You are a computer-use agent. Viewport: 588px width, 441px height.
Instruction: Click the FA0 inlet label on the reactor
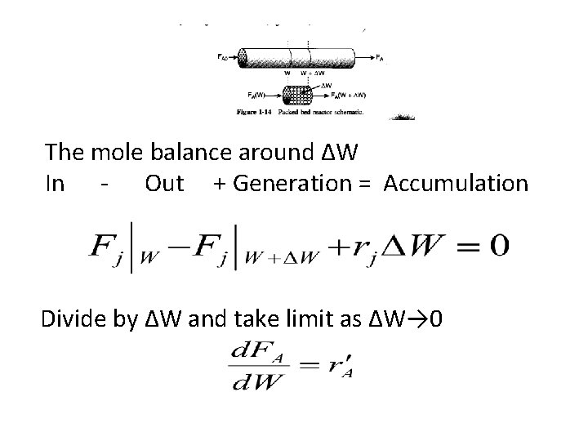pos(223,58)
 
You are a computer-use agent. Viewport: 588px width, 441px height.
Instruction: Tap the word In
pos(56,184)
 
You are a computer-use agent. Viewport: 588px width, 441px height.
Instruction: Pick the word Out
pos(164,184)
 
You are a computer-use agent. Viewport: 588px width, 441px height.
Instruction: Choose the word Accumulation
pos(456,184)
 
